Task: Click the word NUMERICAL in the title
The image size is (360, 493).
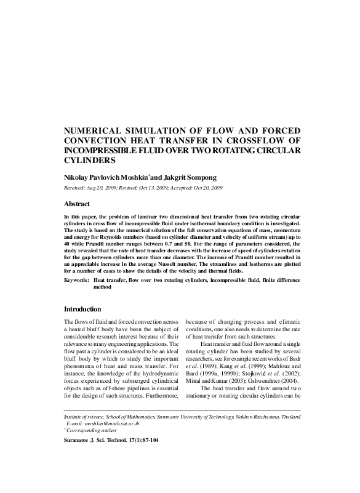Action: [91, 132]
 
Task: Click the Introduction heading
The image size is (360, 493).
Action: [86, 308]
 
